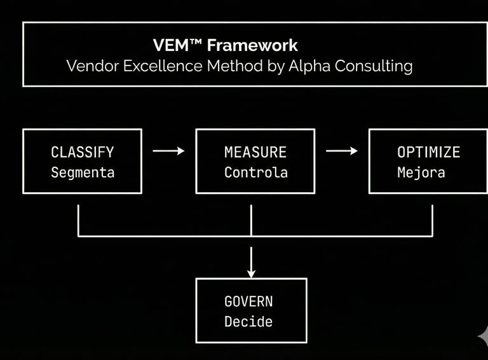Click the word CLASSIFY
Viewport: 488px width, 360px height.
click(82, 152)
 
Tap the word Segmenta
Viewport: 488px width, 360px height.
click(82, 172)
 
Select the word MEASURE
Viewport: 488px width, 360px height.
click(255, 152)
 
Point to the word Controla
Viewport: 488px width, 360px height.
click(255, 172)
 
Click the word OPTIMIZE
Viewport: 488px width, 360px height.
click(428, 152)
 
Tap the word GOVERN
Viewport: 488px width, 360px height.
click(248, 301)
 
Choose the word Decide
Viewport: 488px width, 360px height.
click(248, 322)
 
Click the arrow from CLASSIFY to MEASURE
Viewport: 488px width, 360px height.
click(168, 151)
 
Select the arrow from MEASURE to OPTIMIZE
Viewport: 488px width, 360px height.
click(342, 151)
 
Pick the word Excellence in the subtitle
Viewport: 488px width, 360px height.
click(159, 66)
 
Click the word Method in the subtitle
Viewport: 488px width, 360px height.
click(231, 66)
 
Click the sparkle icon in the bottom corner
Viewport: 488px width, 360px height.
click(482, 335)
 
